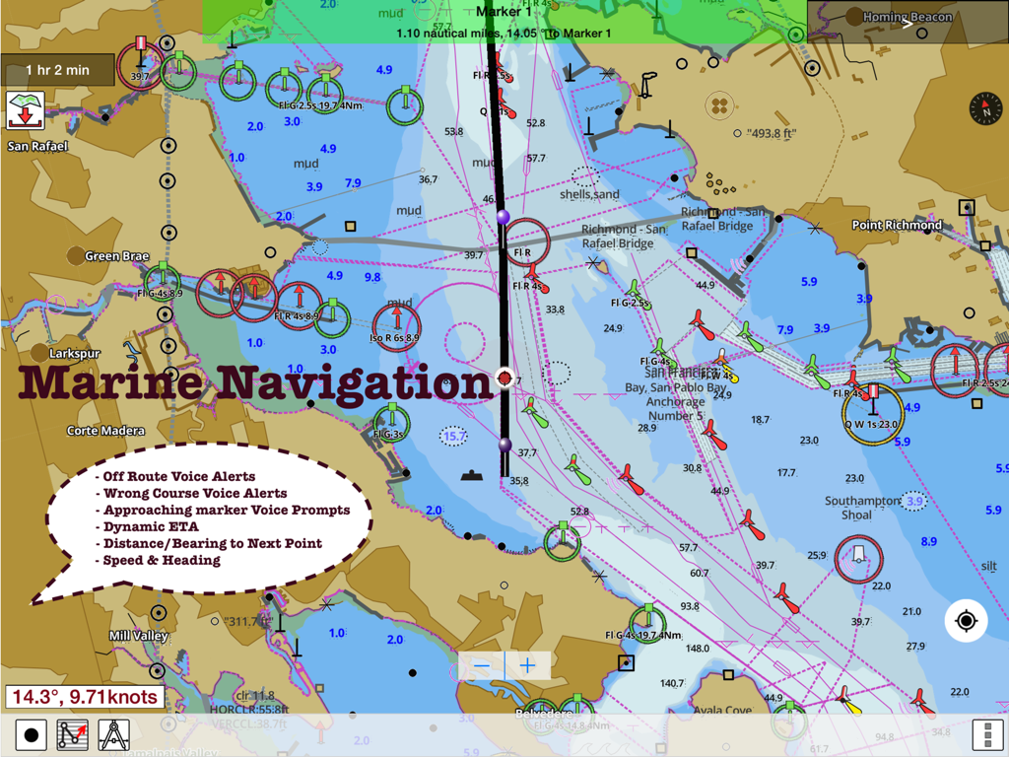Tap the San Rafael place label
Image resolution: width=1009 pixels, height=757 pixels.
[37, 147]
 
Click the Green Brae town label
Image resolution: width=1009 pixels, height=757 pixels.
[116, 256]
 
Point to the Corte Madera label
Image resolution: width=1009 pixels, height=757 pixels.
[105, 431]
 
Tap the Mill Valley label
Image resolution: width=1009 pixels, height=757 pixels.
[138, 636]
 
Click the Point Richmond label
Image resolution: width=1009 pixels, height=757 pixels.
[897, 225]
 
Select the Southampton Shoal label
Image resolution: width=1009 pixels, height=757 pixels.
[862, 508]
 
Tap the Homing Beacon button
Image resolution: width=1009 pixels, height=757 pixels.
[907, 17]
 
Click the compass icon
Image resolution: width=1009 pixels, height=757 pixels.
[985, 108]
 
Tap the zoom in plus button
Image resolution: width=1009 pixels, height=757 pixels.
[528, 666]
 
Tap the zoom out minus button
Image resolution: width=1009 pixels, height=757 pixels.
[481, 666]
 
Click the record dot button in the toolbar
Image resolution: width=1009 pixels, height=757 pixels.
[32, 735]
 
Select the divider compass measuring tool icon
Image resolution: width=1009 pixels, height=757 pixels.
[114, 735]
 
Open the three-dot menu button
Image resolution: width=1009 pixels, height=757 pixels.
[986, 735]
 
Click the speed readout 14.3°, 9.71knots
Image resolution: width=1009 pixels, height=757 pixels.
[84, 698]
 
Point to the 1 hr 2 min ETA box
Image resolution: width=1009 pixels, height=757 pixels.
[57, 70]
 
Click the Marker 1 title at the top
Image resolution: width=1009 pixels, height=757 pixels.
[504, 12]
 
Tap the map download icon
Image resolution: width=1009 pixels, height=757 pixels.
[24, 109]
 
